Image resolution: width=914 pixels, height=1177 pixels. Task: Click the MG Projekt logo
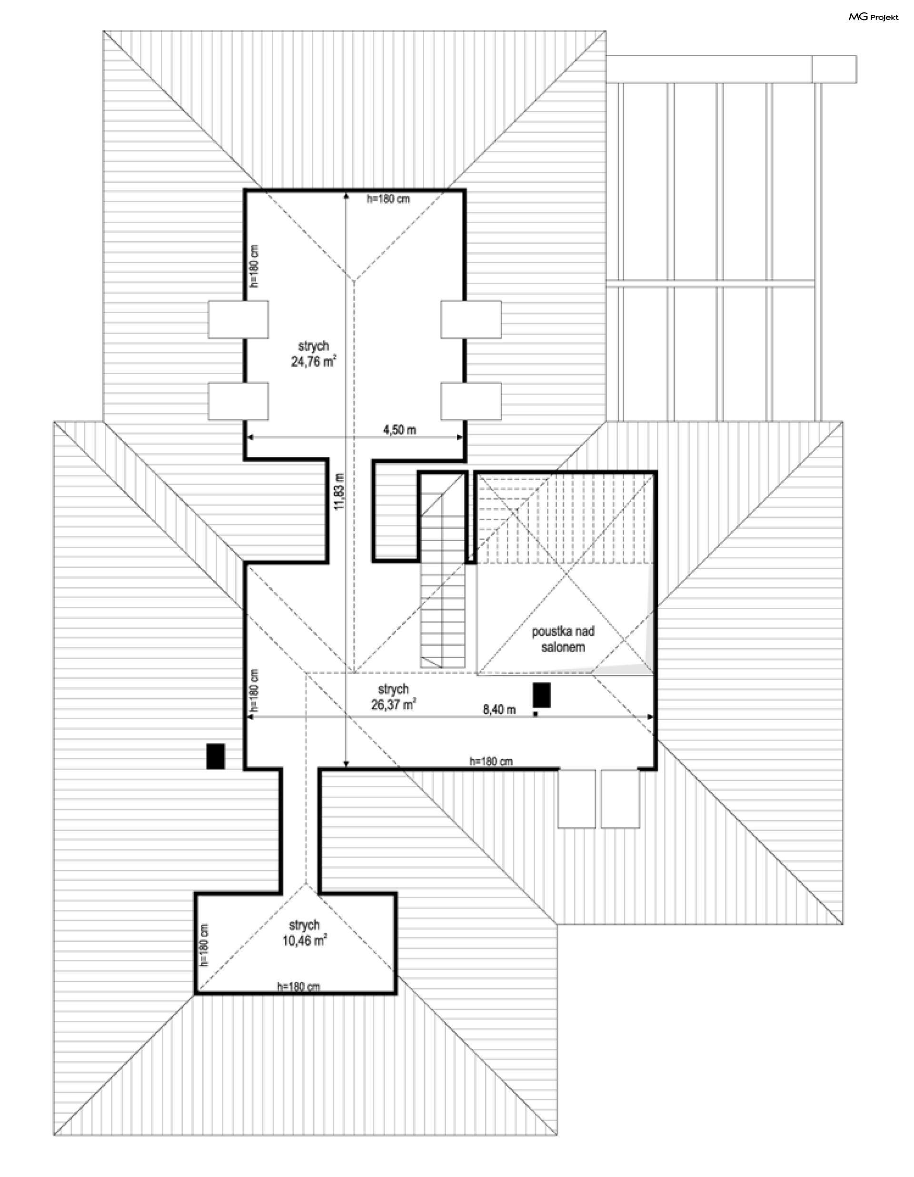(x=873, y=17)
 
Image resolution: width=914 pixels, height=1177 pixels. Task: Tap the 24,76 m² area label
(x=314, y=362)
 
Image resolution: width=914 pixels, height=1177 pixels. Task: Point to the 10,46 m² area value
(x=305, y=941)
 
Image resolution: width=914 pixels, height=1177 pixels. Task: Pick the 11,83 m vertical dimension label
(x=338, y=491)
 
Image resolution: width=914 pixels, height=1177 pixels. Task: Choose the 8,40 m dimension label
(x=498, y=709)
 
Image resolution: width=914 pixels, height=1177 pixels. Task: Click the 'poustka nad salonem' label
(x=563, y=639)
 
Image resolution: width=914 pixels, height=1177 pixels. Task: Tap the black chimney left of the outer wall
(x=216, y=756)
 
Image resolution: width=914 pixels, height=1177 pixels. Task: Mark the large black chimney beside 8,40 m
(x=542, y=695)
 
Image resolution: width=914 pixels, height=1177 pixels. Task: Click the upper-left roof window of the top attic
(x=238, y=319)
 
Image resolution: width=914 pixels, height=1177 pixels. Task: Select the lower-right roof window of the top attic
(x=471, y=401)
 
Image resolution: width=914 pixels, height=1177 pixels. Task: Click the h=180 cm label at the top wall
(x=388, y=199)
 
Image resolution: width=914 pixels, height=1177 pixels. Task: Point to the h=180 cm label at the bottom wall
(x=298, y=986)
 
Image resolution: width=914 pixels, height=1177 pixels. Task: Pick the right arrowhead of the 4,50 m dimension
(x=460, y=437)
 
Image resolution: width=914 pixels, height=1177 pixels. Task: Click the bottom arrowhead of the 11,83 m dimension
(x=346, y=762)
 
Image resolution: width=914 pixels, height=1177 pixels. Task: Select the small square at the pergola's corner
(x=834, y=69)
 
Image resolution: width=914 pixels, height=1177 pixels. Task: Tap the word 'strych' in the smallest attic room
(x=305, y=925)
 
